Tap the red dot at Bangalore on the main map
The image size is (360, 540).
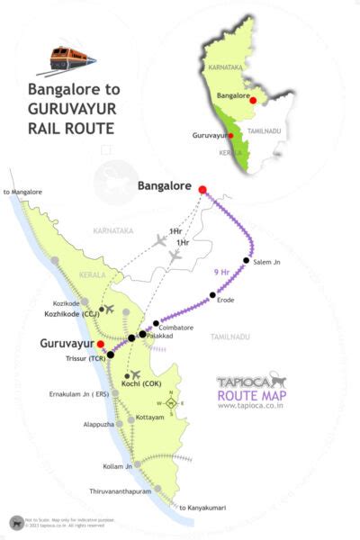click(202, 189)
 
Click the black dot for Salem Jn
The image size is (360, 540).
click(246, 260)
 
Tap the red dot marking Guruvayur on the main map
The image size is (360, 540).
click(101, 344)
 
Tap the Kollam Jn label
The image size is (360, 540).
click(117, 466)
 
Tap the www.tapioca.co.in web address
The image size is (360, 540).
click(252, 405)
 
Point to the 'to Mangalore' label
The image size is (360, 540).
click(23, 192)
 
